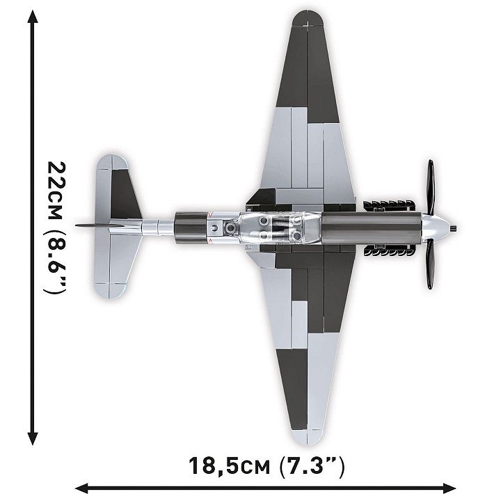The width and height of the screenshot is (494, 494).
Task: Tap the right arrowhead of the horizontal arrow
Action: coord(480,487)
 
